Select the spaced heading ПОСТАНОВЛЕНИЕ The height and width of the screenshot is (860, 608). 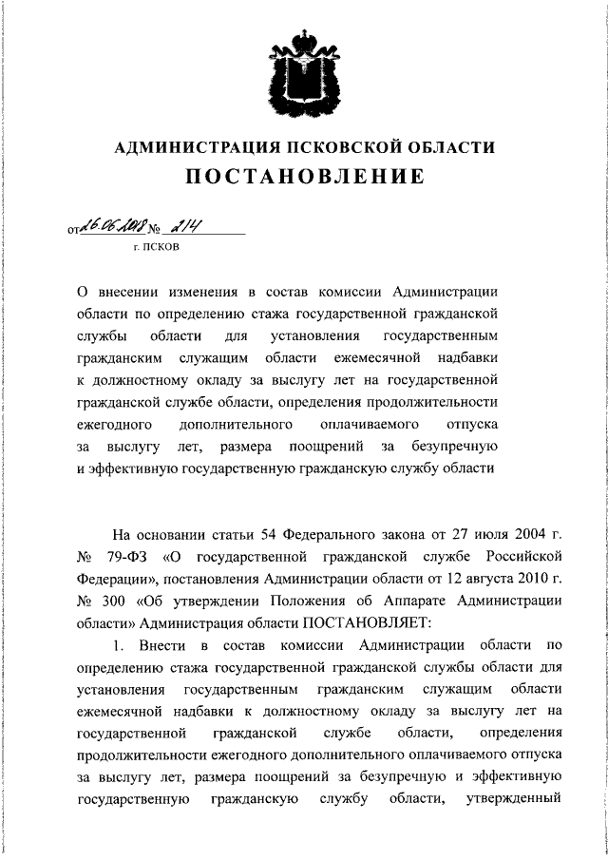(304, 177)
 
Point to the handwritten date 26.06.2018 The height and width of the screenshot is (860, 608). (112, 225)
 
